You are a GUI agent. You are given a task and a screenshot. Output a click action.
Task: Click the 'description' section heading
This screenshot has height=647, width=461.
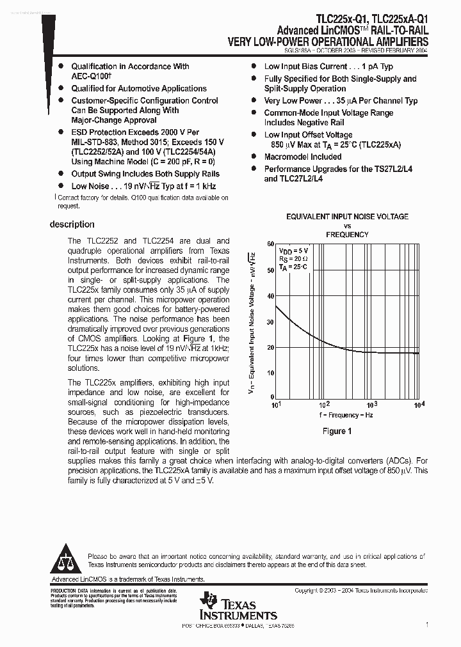tap(72, 224)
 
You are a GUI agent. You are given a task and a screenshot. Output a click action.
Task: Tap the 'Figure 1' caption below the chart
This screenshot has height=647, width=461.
tap(337, 431)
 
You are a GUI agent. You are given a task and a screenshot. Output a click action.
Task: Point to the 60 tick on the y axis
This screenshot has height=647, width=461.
tap(270, 244)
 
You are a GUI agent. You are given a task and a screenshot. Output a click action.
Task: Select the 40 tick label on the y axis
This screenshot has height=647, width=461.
tap(270, 296)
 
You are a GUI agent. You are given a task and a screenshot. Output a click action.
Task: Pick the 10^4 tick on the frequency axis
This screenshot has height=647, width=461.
tap(419, 405)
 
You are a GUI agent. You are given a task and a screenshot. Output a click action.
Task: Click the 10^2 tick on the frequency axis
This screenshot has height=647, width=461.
tap(324, 405)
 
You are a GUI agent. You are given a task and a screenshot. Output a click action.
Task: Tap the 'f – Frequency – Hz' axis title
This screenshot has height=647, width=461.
tap(346, 415)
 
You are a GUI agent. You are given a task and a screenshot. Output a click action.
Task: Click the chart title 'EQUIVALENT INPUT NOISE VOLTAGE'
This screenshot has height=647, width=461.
tap(347, 217)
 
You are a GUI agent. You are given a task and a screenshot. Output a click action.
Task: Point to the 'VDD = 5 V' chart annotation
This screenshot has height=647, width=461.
tap(293, 251)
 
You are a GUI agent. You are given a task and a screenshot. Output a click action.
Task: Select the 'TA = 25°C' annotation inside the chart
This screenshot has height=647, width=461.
tap(293, 266)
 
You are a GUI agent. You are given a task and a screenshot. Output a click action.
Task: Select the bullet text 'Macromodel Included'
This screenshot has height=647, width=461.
tap(303, 157)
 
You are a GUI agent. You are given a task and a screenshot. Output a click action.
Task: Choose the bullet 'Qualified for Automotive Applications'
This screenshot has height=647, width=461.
tap(138, 89)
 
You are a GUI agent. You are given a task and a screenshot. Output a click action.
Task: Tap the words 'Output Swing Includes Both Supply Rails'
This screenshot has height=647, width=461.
tap(145, 174)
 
